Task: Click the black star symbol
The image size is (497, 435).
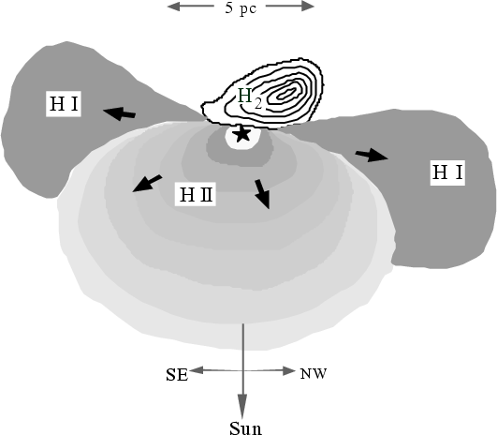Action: point(242,134)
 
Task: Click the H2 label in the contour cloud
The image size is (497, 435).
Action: point(250,98)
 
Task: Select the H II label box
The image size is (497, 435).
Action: point(196,194)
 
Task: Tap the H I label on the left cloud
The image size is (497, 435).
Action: point(64,104)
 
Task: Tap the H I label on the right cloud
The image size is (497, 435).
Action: point(447,172)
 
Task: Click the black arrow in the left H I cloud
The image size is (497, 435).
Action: point(120,113)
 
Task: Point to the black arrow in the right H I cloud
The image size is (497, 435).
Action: point(372,155)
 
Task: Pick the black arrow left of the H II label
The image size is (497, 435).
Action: point(147,183)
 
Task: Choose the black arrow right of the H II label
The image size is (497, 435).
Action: point(263,194)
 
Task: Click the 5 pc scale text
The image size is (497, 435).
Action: point(241,7)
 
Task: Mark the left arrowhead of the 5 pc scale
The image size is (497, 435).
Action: point(174,6)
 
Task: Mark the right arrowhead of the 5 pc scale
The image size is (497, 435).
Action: point(308,6)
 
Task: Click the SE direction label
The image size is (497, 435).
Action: point(177,375)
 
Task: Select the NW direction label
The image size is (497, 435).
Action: point(314,374)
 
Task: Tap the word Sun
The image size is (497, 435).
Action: point(245,428)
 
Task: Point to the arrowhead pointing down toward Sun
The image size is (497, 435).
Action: point(242,407)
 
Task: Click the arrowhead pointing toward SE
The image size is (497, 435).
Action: point(196,370)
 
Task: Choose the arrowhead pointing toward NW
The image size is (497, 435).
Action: point(289,370)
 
